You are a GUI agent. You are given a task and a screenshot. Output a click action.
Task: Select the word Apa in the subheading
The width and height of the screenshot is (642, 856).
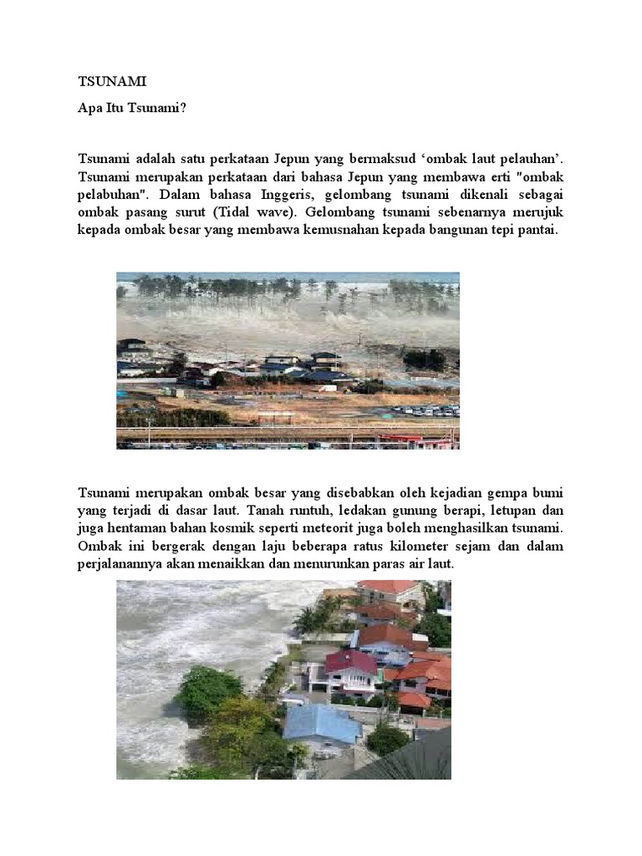click(89, 106)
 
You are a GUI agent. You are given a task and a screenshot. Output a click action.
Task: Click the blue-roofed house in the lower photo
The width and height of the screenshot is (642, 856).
click(321, 722)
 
